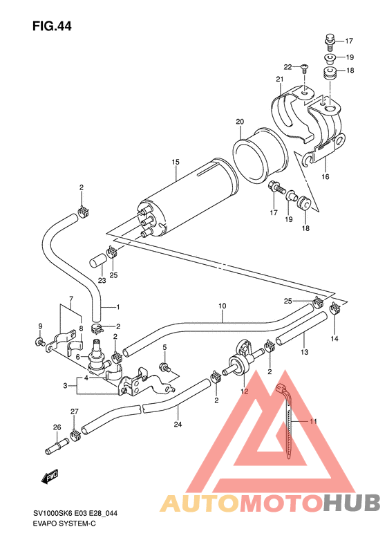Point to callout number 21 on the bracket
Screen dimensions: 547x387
tap(280, 80)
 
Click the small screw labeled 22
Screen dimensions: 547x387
tap(304, 68)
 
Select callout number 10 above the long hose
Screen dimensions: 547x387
tap(223, 305)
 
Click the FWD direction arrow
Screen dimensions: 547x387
tap(50, 476)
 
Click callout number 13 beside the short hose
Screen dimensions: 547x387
tap(305, 353)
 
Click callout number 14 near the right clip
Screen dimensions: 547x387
tap(334, 339)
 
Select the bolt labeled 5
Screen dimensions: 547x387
tap(164, 366)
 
